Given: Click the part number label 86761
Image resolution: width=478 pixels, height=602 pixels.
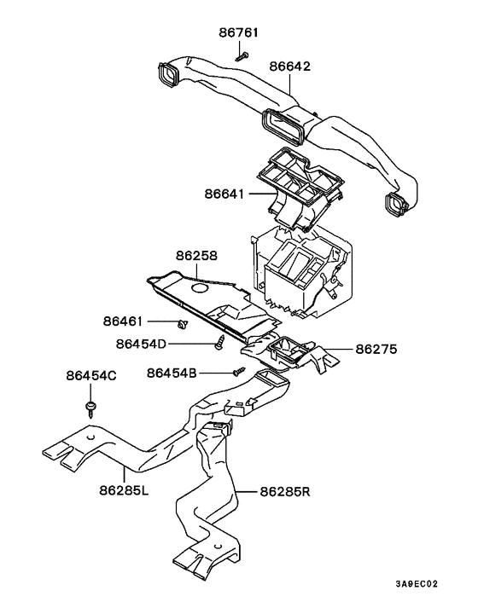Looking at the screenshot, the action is [x=239, y=32].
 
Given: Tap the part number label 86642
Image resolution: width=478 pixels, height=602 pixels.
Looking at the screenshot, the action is [x=289, y=67].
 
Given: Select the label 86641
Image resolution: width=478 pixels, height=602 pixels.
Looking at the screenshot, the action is [x=224, y=194].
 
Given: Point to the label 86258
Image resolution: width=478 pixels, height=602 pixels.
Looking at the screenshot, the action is [x=196, y=255].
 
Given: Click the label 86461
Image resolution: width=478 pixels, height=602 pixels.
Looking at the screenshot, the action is [x=123, y=321].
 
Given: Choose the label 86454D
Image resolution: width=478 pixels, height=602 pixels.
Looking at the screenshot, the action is [x=141, y=344].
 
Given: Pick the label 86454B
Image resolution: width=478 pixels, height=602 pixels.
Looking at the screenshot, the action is [x=172, y=373].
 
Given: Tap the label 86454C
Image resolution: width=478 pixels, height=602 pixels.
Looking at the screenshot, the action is [x=91, y=375].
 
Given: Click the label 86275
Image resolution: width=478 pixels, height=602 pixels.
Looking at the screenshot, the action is [x=376, y=350].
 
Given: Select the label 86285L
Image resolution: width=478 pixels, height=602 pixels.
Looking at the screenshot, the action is [x=124, y=490].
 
